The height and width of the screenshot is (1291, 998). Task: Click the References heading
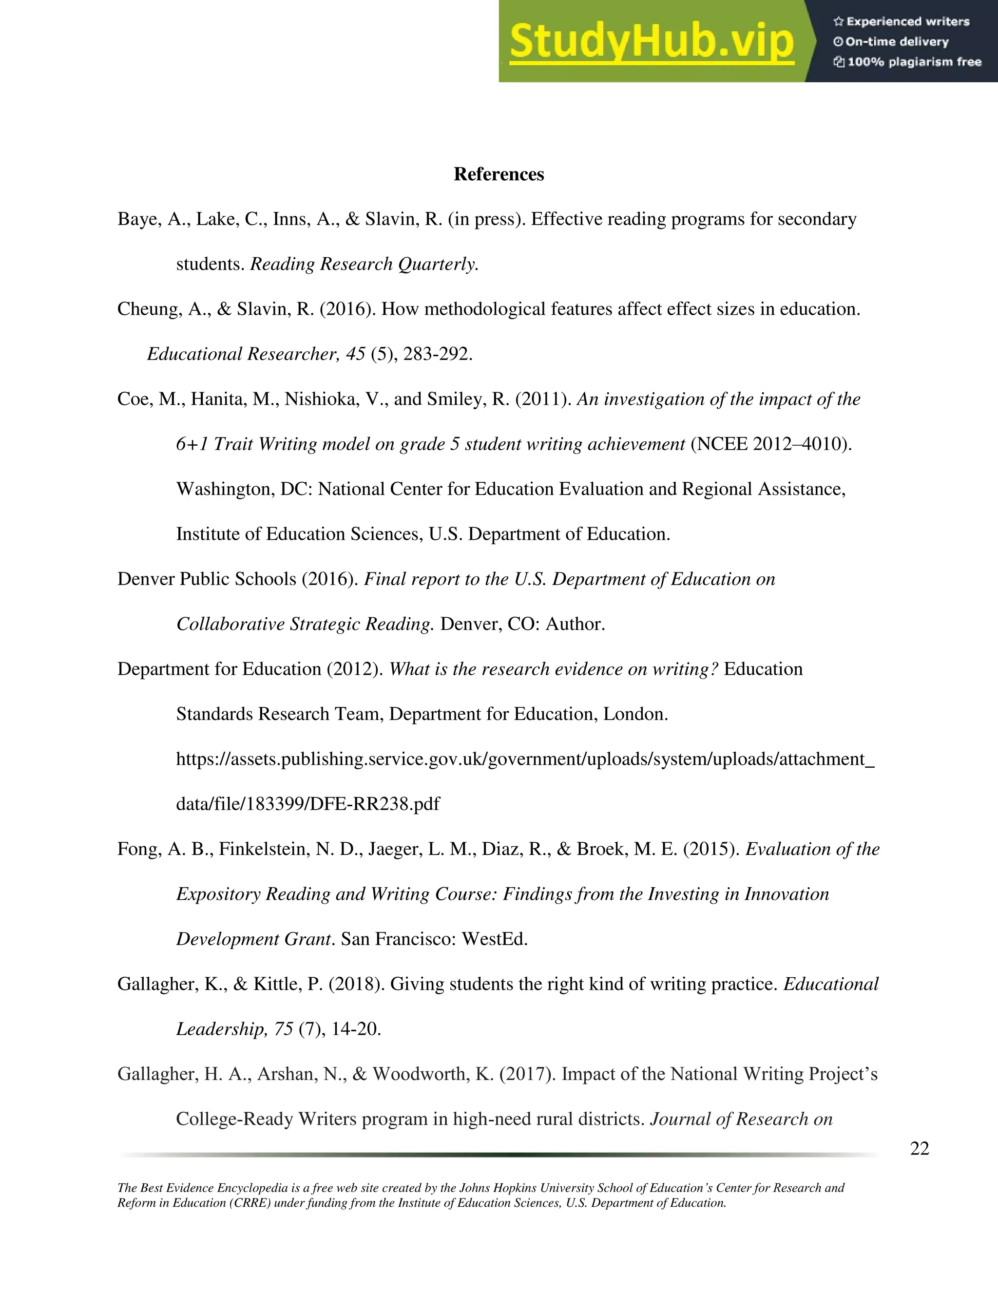[x=499, y=174]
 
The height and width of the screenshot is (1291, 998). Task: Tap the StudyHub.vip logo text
[x=651, y=41]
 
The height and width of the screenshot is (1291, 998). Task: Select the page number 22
[x=920, y=1149]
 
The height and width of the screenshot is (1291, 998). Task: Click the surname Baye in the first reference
[x=138, y=219]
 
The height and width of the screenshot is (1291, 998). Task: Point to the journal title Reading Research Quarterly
[x=364, y=264]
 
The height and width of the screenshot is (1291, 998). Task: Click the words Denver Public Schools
[x=206, y=579]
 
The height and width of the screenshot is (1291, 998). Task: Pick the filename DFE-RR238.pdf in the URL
[x=375, y=804]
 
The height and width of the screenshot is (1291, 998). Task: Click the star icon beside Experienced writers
[x=838, y=22]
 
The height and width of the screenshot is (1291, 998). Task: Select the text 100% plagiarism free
[x=914, y=62]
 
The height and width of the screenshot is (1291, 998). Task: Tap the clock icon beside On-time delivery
[x=838, y=42]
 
